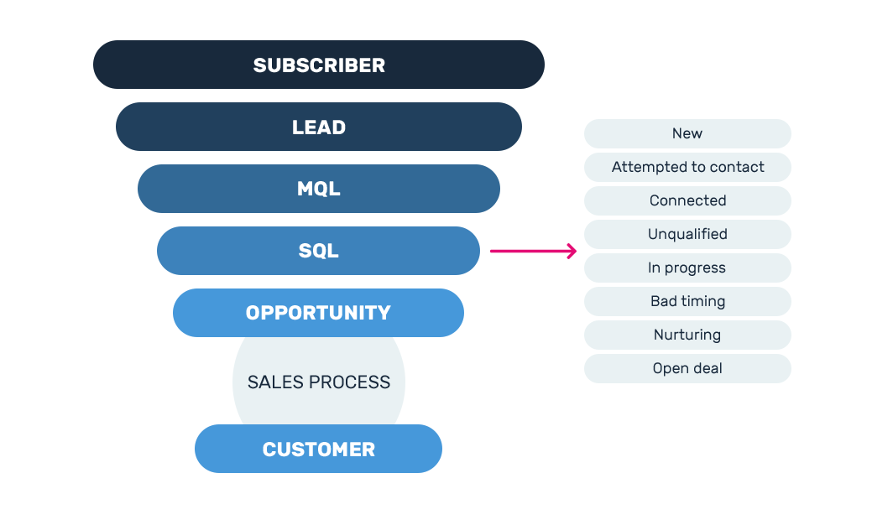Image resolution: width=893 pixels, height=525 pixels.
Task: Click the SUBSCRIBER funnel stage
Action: point(319,65)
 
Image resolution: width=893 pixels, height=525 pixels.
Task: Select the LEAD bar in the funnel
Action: point(319,127)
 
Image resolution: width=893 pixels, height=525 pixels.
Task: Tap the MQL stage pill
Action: point(319,189)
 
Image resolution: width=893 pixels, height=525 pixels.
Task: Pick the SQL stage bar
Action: point(319,251)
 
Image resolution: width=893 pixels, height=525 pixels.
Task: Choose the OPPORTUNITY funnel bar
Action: point(319,313)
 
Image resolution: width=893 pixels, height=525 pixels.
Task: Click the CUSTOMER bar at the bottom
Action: point(319,449)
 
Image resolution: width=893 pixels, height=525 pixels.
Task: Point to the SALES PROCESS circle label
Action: point(319,382)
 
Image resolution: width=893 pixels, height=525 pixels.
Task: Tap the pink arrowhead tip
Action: point(575,251)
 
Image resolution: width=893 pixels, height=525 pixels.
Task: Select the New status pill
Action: point(687,133)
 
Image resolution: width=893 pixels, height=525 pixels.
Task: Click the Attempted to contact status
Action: point(687,167)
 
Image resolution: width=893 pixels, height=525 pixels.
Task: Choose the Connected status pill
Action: point(687,200)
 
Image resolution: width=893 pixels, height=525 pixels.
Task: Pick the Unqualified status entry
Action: point(687,234)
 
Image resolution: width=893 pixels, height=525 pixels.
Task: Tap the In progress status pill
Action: point(687,268)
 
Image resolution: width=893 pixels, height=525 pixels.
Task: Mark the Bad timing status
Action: point(687,301)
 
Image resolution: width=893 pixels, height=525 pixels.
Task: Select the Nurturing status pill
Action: point(687,335)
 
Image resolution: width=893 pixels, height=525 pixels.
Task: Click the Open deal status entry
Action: point(687,368)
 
